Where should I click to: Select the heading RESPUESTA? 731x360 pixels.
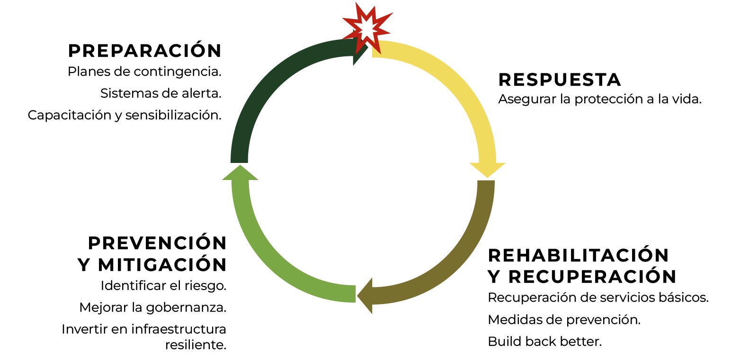click(559, 80)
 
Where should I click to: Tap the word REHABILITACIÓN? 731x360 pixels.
click(578, 255)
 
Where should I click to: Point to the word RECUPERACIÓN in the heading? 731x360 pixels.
click(592, 277)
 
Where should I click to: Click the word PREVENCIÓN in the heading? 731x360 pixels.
click(157, 243)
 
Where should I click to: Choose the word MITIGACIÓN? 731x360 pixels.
click(162, 264)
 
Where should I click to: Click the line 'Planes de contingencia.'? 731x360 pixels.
click(144, 72)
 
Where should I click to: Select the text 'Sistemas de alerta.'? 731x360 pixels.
click(161, 93)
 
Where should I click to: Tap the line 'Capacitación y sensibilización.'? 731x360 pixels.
click(125, 115)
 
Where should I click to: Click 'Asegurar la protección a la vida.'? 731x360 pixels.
click(600, 99)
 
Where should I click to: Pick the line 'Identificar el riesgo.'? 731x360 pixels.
click(163, 286)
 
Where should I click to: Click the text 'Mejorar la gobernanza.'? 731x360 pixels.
click(153, 307)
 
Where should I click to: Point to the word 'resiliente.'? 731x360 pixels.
click(196, 345)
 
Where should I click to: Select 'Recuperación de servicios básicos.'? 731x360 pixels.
click(598, 297)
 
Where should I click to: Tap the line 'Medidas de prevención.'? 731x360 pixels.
click(564, 320)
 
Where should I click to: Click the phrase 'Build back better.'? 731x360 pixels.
click(544, 342)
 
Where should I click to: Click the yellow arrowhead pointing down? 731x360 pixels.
click(487, 170)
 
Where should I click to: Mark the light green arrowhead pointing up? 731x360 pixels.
click(240, 172)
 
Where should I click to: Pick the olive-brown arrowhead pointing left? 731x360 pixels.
click(365, 296)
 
